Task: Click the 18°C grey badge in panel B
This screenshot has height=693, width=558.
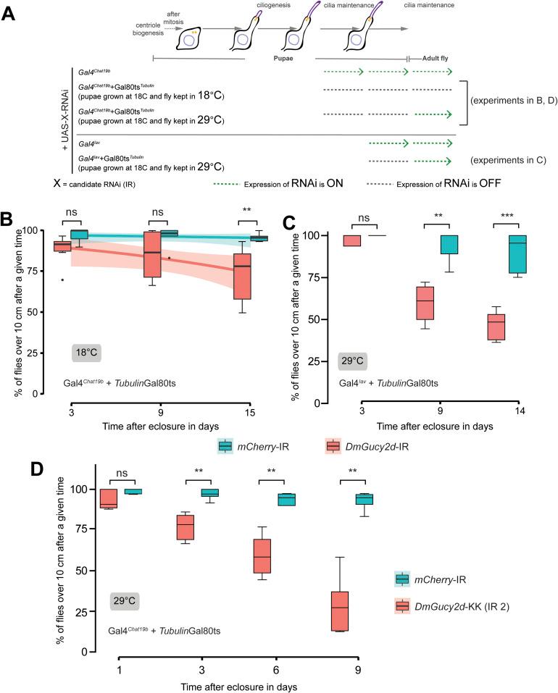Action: click(x=86, y=353)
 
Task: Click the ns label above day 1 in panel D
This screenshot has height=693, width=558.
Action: click(x=122, y=474)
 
